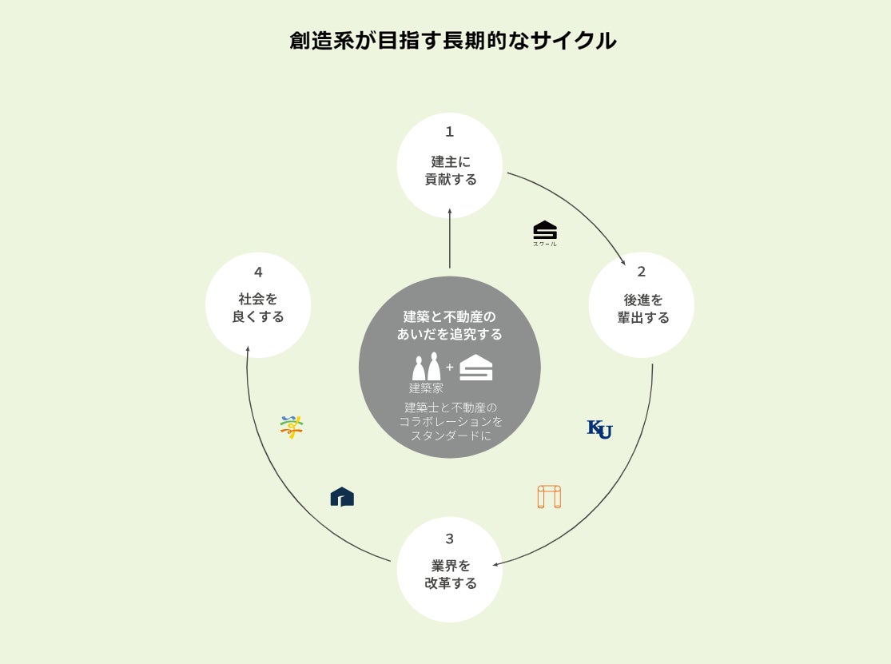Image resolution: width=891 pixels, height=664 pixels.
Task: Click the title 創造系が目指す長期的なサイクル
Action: coord(452,41)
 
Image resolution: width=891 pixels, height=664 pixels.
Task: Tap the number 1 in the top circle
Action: coord(449,132)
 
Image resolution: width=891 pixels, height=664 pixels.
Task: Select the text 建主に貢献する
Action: coord(450,170)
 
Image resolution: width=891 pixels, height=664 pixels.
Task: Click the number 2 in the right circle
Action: coord(641,272)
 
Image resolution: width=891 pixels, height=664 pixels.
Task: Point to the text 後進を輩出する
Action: coord(642,308)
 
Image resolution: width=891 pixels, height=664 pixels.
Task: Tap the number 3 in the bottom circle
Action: coord(449,539)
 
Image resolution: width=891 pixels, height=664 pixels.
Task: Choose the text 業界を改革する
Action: coord(450,575)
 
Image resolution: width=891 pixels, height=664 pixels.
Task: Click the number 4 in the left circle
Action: coord(258,272)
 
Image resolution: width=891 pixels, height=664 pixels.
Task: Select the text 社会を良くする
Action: coord(258,308)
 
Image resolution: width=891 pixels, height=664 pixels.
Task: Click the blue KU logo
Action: coord(599,429)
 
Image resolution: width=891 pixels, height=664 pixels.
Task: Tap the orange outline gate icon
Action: coord(549,496)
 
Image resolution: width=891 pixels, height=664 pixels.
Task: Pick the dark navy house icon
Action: coord(342,497)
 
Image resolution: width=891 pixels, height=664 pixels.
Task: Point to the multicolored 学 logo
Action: coord(292,427)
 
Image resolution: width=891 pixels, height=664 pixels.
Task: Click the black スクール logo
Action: coord(545,232)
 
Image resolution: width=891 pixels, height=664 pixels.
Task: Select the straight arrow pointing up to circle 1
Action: coord(450,239)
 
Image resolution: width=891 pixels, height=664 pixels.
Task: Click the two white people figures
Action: coord(426,367)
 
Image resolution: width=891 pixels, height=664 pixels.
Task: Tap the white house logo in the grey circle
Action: coord(476,368)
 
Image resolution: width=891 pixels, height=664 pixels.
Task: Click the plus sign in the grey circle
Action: coord(449,368)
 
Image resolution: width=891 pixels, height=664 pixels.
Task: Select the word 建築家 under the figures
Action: coord(426,388)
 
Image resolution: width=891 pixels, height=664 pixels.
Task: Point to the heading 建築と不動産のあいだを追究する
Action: coord(450,325)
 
